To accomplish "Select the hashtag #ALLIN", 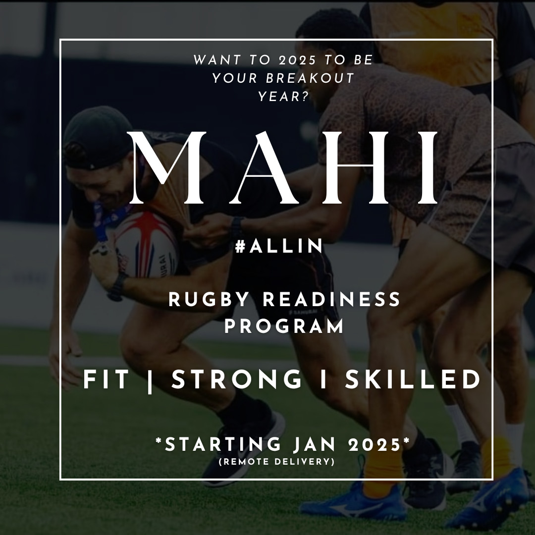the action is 279,246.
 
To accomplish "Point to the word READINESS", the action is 331,300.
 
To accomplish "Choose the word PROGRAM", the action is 284,326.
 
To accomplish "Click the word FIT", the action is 106,380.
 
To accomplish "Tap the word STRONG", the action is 237,380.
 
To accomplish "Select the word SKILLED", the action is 413,380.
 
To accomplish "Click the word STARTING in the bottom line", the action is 223,444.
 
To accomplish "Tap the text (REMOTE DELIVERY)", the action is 277,462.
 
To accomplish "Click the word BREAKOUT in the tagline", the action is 310,78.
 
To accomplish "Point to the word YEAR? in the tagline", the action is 283,97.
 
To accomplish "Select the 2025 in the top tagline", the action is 297,60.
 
